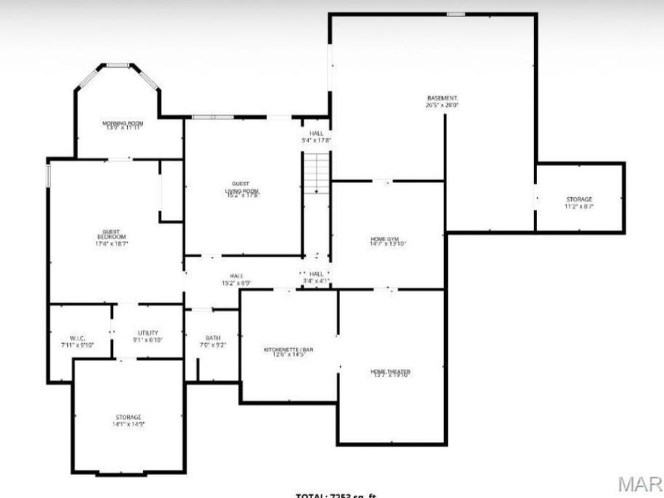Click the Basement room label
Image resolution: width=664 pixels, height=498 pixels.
coord(442,98)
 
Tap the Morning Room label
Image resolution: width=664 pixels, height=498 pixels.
coord(123,122)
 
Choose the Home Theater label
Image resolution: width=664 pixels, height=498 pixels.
coord(390,371)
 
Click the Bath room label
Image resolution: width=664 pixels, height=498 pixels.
coord(212,338)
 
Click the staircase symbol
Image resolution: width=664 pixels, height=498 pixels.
coord(316,173)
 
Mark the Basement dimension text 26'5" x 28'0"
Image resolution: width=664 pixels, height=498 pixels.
coord(442,106)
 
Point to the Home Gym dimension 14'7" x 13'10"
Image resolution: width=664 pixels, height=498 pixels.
coord(388,243)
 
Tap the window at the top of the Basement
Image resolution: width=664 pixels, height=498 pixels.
coord(456,14)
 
